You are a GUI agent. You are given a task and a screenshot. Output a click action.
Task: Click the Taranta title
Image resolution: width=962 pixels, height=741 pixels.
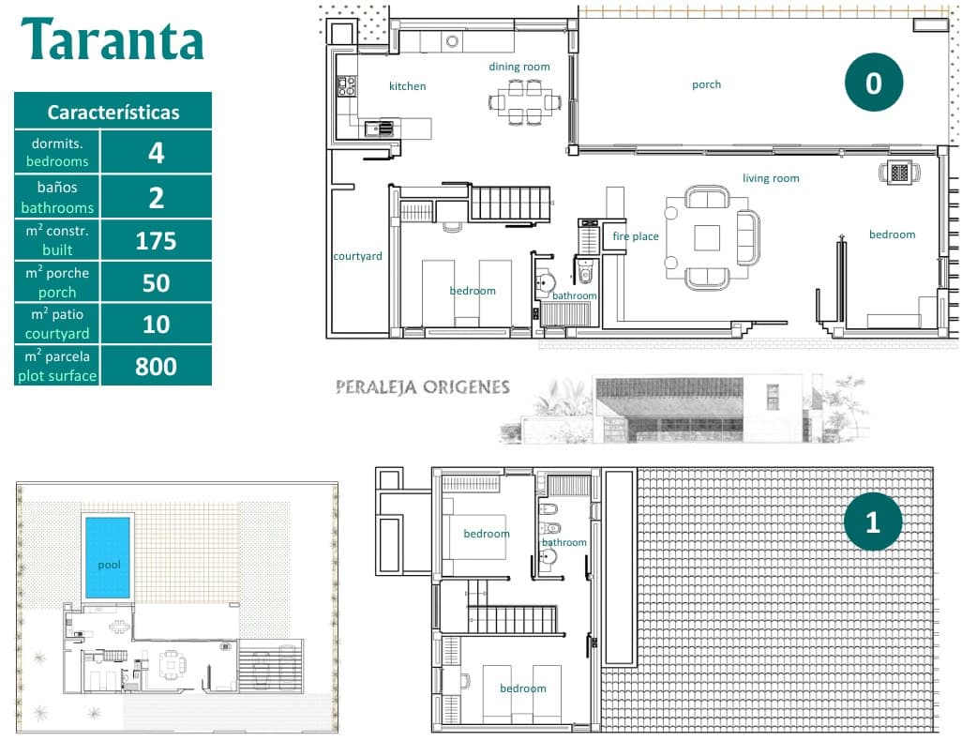[x=113, y=40]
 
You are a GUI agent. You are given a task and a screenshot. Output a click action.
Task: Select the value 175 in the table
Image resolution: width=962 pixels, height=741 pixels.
[x=156, y=241]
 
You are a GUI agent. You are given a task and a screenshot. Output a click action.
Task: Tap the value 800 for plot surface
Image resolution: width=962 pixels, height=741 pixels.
[x=156, y=366]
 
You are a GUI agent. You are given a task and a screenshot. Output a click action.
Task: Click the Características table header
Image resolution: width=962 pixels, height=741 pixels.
[x=113, y=112]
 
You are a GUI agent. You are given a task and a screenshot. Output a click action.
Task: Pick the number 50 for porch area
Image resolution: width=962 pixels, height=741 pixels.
[x=156, y=282]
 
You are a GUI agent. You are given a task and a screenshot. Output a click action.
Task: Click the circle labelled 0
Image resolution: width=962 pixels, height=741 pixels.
[x=873, y=83]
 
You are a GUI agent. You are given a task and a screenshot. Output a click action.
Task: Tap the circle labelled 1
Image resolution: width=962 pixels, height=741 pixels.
[x=873, y=522]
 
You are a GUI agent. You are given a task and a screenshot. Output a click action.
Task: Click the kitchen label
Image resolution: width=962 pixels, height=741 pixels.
[x=408, y=86]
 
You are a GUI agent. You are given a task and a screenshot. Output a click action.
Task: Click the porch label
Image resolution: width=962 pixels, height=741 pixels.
[x=706, y=84]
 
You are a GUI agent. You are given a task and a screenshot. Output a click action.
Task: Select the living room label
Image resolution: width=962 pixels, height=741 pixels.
[x=771, y=178]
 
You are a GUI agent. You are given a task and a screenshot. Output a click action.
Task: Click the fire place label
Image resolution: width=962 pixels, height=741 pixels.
[x=636, y=236]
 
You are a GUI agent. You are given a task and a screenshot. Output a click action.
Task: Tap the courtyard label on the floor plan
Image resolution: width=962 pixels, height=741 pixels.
[x=357, y=256]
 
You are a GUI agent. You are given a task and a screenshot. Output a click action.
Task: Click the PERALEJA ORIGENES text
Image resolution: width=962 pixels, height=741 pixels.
[x=423, y=387]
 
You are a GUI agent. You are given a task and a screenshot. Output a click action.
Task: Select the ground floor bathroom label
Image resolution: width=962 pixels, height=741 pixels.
[x=574, y=295]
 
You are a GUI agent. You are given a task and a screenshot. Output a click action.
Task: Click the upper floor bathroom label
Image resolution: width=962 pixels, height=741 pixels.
[x=564, y=542]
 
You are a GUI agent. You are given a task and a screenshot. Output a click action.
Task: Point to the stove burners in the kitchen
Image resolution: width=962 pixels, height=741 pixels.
[x=346, y=86]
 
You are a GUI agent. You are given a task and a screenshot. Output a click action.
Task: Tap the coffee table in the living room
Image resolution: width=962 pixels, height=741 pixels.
[x=707, y=237]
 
